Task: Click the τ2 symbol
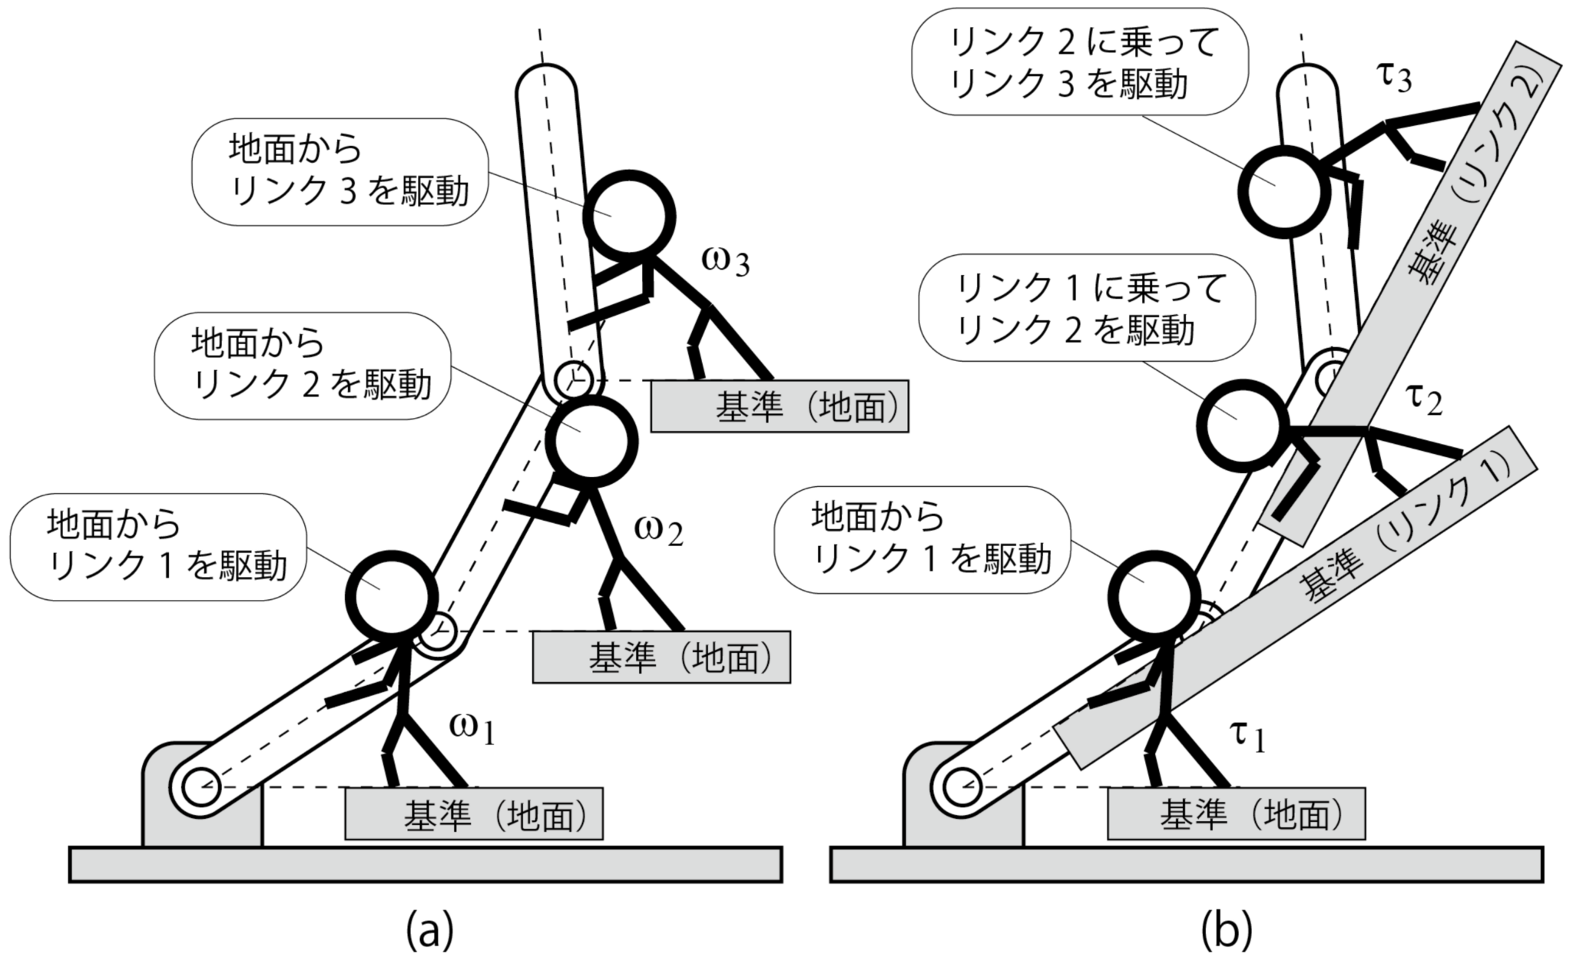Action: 1422,399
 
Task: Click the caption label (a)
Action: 429,929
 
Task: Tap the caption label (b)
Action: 1227,929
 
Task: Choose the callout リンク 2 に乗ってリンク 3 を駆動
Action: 1079,62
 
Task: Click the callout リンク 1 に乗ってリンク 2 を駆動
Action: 1085,309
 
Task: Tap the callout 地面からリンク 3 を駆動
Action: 339,171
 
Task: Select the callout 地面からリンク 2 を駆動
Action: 303,366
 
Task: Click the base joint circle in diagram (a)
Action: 201,787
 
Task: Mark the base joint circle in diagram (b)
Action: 962,787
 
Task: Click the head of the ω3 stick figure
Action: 629,215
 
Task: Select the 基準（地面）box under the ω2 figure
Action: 661,658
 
